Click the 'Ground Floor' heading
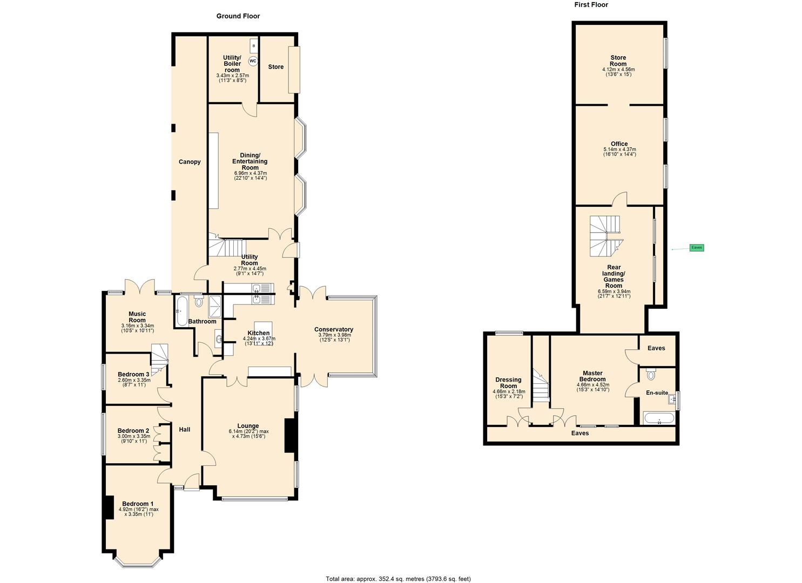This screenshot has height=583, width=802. pos(238,16)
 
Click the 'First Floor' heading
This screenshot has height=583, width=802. pos(591,5)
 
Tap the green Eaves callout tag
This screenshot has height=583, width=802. pos(697,248)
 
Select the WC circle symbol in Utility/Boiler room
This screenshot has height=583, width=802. pos(253,61)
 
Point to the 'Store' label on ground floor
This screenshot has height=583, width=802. pos(275,67)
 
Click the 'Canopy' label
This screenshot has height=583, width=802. pos(190,162)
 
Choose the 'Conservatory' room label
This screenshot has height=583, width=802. pos(334,330)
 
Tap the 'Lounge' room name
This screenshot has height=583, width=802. pos(248,426)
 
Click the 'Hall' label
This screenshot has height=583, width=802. pos(185,430)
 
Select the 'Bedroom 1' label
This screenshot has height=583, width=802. pos(138,504)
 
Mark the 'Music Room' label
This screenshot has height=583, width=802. pos(137,317)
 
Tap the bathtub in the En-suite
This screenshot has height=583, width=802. pos(659,418)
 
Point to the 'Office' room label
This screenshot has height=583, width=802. pos(619,144)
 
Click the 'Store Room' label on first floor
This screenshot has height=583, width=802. pos(618,61)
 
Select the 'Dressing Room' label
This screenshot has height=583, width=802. pos(508,383)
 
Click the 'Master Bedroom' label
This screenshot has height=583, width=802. pos(592,376)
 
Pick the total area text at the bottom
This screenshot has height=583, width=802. pos(398,579)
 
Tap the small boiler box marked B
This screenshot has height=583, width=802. pos(254,46)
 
